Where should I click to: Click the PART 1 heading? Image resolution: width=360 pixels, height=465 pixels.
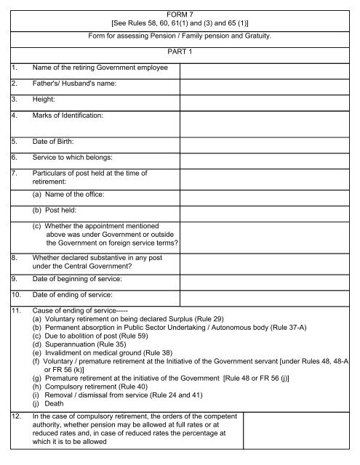(x=180, y=51)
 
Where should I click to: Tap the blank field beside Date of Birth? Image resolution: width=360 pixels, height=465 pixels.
(x=266, y=141)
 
